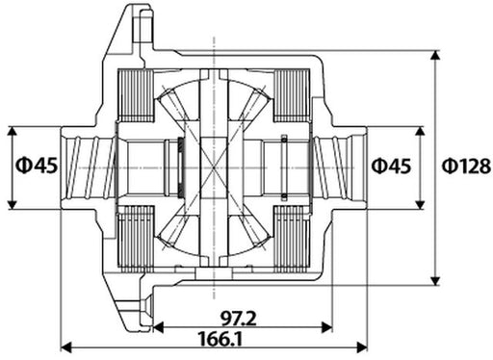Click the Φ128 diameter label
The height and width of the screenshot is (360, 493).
pos(466,166)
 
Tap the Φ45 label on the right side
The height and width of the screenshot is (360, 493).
pos(392,166)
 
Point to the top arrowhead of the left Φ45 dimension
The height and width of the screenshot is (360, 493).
pos(12,129)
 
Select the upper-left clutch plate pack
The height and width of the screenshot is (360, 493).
pos(135,95)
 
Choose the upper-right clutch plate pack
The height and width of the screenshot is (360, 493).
pos(295,95)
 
